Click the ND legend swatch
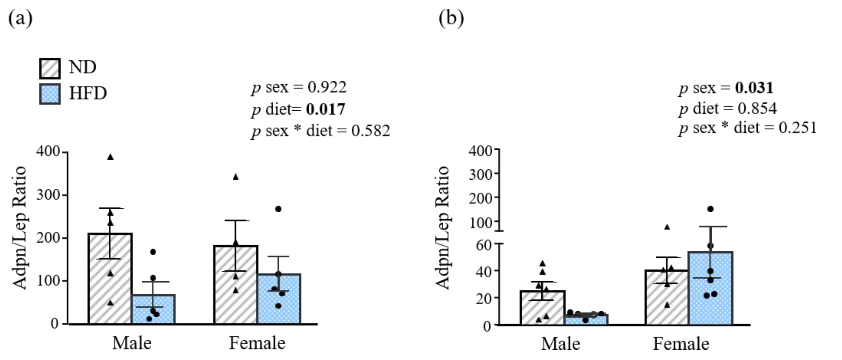tap(50, 69)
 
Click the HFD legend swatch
tap(50, 94)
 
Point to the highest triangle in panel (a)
tap(110, 157)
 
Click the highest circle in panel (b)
tap(710, 209)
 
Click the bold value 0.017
tap(325, 109)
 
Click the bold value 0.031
tap(754, 88)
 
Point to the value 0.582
tap(371, 131)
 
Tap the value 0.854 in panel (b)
tap(757, 109)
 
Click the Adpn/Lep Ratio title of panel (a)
tap(20, 228)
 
